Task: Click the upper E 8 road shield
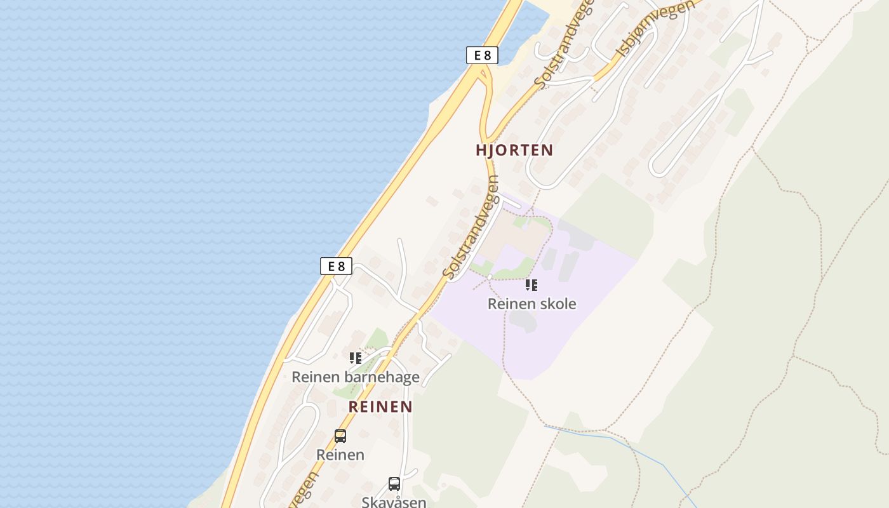(x=482, y=55)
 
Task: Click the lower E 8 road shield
(x=336, y=266)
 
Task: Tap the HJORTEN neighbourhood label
(x=514, y=150)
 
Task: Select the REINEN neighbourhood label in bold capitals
(x=380, y=407)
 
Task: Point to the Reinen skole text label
(x=531, y=304)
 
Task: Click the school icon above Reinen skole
(x=531, y=285)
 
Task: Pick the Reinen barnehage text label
(x=355, y=377)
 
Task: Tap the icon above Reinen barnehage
(x=355, y=358)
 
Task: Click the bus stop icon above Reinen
(x=340, y=436)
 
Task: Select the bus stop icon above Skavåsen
(x=394, y=484)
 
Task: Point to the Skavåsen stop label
(x=394, y=502)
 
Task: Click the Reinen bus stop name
(x=340, y=455)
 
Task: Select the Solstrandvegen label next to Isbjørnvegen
(x=565, y=43)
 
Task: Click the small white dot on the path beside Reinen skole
(x=490, y=277)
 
